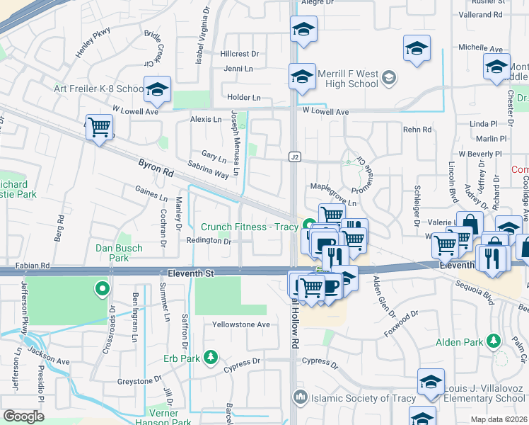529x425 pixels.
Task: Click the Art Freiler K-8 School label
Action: pos(99,89)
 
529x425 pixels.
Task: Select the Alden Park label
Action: pos(459,342)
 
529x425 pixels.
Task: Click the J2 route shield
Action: pos(295,156)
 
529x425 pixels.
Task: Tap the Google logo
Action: pos(24,416)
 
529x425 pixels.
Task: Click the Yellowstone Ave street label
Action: pos(242,324)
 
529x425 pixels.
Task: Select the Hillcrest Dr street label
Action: pos(240,54)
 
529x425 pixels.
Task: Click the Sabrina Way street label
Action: pos(208,169)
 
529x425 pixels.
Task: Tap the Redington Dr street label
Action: pos(209,241)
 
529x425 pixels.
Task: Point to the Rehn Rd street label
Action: pos(417,130)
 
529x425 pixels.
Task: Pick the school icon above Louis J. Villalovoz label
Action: pos(431,382)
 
